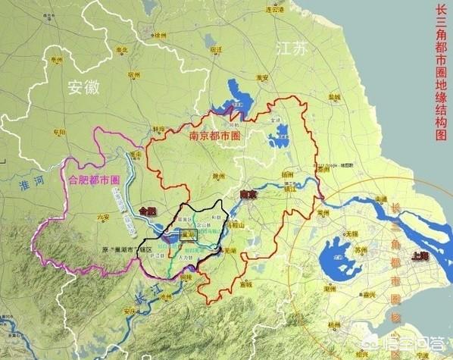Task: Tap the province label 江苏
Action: (x=292, y=49)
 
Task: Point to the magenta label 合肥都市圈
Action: (x=94, y=180)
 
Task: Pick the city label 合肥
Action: (x=148, y=210)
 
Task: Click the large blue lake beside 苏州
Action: (x=338, y=255)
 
